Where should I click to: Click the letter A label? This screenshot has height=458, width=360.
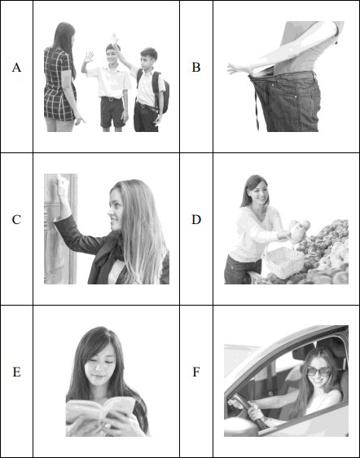pos(16,68)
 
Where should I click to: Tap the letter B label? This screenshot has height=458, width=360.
pos(196,68)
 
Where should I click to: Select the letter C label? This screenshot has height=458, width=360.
pos(16,220)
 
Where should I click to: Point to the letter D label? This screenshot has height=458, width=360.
pos(196,220)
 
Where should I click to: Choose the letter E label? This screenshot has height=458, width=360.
pos(16,372)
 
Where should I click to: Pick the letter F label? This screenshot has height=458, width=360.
pos(196,372)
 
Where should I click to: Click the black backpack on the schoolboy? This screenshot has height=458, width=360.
pos(159,92)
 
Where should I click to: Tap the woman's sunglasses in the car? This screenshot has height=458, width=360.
pos(318,371)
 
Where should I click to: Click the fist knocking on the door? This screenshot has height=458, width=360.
pos(62,183)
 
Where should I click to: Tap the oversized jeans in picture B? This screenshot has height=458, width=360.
pos(288,102)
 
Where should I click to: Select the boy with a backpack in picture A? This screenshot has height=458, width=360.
pos(150,90)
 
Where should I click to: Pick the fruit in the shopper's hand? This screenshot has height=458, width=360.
pos(299,229)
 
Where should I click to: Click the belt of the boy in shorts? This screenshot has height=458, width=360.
pos(111,99)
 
